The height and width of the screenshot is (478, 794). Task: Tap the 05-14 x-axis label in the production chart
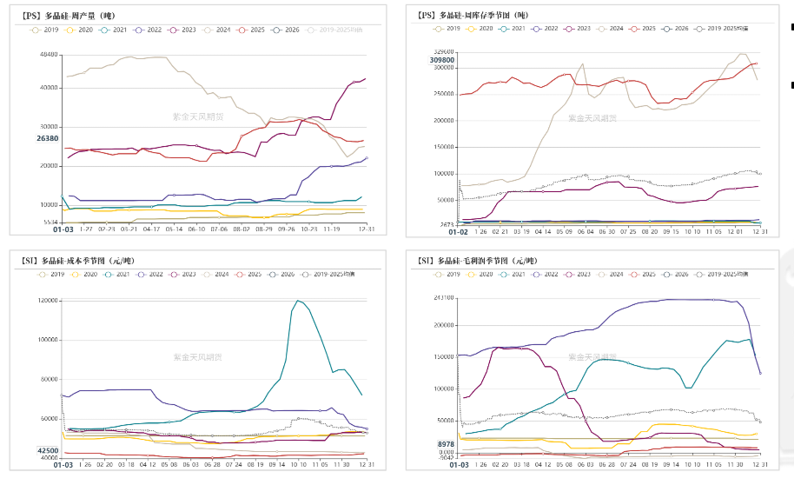(x=174, y=229)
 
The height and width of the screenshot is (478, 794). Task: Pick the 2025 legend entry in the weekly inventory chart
(x=645, y=28)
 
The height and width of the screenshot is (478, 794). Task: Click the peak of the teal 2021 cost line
(x=298, y=301)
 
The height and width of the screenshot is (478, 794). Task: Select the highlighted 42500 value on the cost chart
(x=48, y=450)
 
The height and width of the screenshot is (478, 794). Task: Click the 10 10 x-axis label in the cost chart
(x=300, y=465)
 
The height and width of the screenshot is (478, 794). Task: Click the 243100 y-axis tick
(x=443, y=297)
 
